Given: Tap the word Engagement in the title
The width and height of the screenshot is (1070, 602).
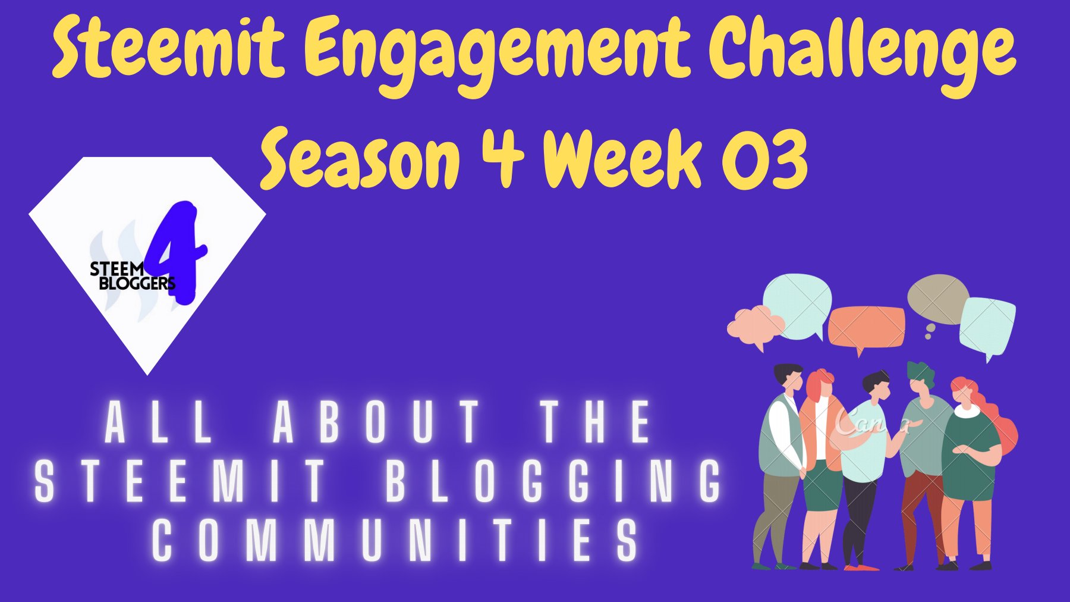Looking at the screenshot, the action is tap(501, 56).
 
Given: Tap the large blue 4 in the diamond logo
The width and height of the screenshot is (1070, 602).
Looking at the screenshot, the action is tap(177, 252).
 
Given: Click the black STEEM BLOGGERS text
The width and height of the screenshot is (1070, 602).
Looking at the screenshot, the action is tap(133, 276).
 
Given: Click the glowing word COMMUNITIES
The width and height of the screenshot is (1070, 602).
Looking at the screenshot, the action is tap(395, 540).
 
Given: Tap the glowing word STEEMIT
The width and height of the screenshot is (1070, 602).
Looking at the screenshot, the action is tap(181, 481).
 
